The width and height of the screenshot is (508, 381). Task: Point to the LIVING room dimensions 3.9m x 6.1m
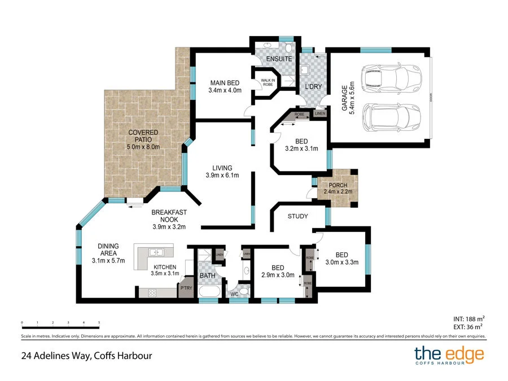click(222, 176)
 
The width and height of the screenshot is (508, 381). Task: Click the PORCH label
click(335, 185)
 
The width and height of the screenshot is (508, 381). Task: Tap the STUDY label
click(297, 216)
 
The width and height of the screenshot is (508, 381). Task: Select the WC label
click(235, 294)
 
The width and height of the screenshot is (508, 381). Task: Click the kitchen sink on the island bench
click(154, 252)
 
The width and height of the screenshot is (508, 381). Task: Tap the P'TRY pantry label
click(186, 288)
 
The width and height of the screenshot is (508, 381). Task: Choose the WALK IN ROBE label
click(267, 81)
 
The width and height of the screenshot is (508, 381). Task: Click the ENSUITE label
click(279, 59)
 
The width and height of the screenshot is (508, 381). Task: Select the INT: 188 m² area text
click(468, 318)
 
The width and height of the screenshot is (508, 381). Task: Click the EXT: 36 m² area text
click(468, 326)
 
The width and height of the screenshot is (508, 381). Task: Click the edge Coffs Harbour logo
click(449, 356)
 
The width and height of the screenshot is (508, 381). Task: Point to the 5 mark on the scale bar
click(99, 323)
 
